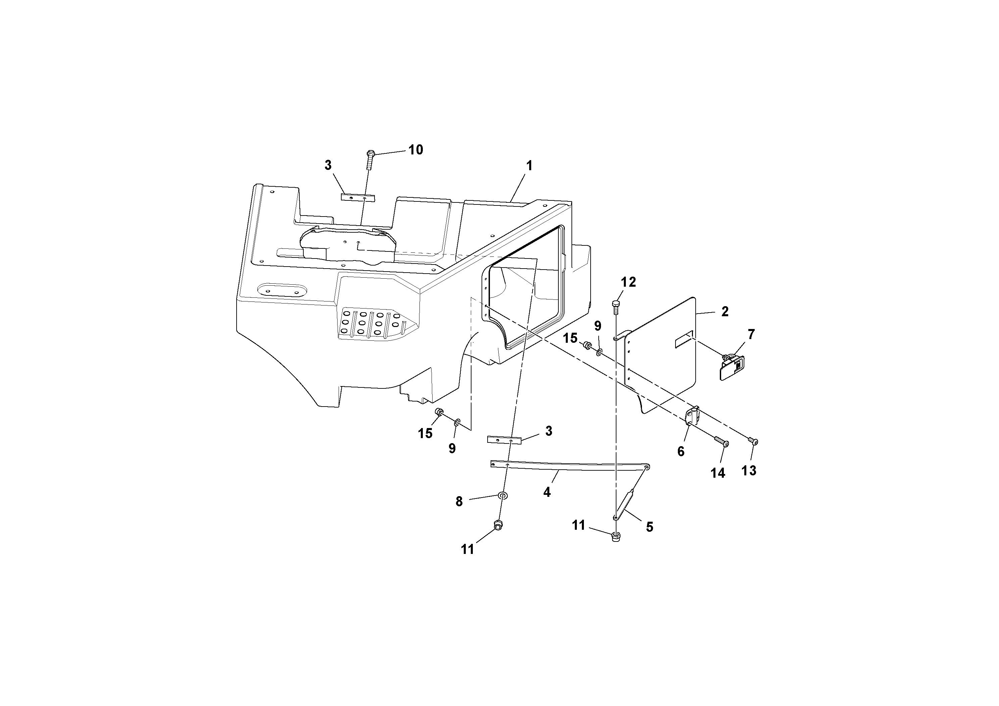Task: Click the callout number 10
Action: point(415,150)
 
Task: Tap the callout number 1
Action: point(529,166)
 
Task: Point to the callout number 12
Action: point(628,282)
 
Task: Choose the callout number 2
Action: point(725,311)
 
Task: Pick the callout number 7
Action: point(751,334)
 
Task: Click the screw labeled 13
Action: point(754,441)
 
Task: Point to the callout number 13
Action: point(749,471)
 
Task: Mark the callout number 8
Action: point(459,502)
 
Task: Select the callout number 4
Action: point(547,492)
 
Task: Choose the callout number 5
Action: point(649,527)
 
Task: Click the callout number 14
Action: point(717,473)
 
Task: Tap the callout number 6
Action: point(681,452)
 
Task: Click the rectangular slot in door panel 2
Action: point(684,339)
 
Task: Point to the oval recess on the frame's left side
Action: point(282,290)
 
